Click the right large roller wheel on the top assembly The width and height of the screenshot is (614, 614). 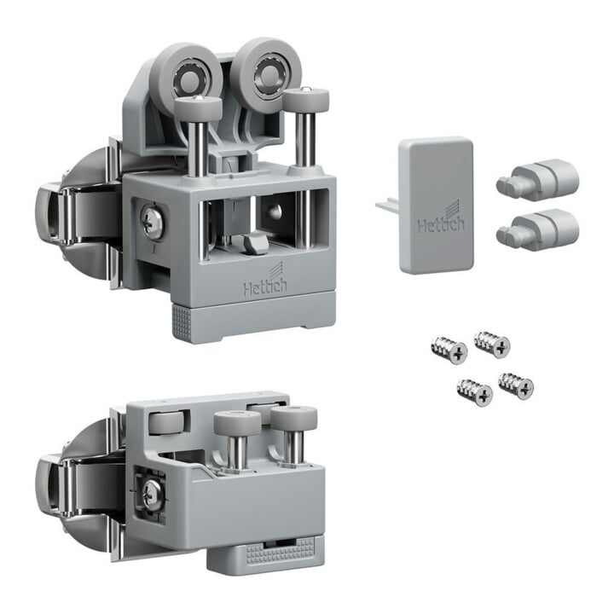point(266,73)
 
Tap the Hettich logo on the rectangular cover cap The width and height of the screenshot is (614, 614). point(442,220)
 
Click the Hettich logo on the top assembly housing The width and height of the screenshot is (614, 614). point(264,282)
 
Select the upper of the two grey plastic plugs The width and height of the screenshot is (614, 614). point(537,178)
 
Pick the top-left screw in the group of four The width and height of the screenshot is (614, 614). point(449,350)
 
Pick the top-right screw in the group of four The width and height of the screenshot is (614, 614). point(492,345)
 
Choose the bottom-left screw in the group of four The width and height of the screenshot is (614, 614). point(475,392)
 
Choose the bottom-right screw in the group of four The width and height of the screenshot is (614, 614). point(516,385)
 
